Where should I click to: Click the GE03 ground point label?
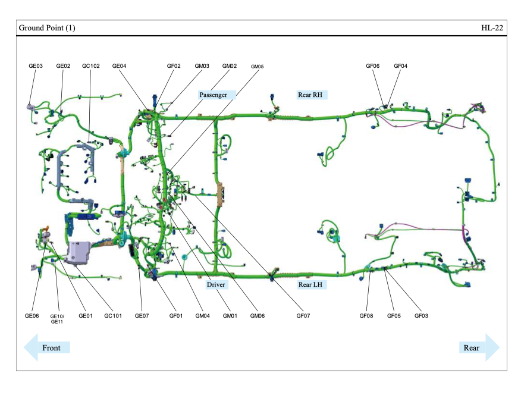click(36, 66)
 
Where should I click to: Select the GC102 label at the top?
click(90, 66)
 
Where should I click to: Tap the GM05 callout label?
click(257, 67)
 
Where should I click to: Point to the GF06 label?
click(373, 66)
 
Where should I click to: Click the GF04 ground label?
click(401, 66)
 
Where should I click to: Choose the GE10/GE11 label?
click(57, 319)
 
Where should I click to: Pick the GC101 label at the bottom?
click(113, 316)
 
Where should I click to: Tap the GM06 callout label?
click(258, 316)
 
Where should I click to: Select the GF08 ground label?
click(366, 316)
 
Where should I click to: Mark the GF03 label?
click(422, 316)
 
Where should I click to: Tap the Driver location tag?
click(216, 285)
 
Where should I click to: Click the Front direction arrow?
click(47, 347)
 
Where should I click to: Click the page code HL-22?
click(493, 28)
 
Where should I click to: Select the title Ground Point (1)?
click(47, 28)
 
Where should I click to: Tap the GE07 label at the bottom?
click(142, 316)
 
